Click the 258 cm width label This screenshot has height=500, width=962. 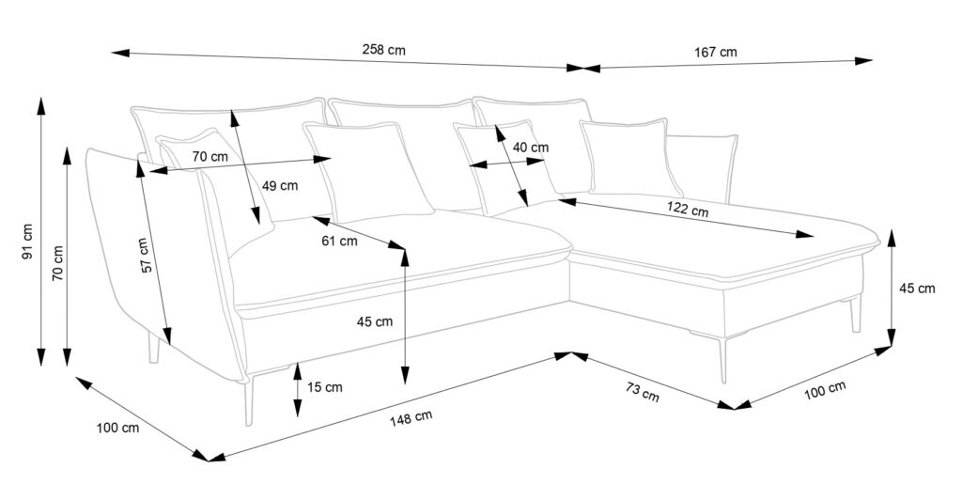tap(383, 50)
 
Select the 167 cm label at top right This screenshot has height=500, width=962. tap(716, 53)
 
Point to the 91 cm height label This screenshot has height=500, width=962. tap(27, 242)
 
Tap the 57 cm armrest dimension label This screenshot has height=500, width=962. tap(144, 255)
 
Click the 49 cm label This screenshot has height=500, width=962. tap(280, 186)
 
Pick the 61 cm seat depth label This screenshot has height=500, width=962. tap(340, 241)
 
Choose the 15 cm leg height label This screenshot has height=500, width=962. tap(324, 386)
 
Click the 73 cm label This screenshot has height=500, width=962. tap(642, 391)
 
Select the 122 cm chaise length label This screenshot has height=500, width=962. tap(689, 210)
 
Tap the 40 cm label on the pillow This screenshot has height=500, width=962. tap(531, 148)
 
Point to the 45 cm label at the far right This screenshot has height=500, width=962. tap(917, 289)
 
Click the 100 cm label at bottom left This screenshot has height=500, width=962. tap(117, 429)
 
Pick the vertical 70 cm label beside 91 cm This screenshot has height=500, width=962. tap(57, 263)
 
